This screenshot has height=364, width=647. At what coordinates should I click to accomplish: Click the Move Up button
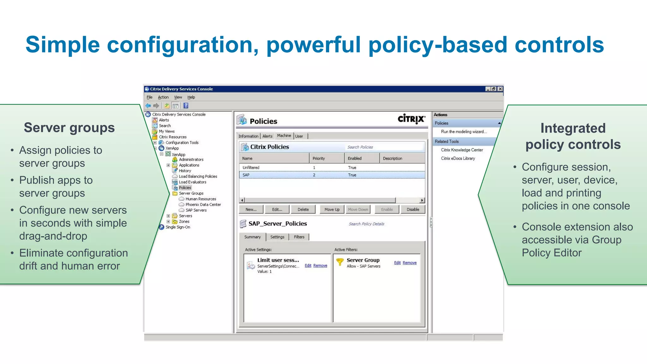click(x=332, y=209)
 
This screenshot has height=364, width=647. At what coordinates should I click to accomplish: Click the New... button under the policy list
click(x=251, y=209)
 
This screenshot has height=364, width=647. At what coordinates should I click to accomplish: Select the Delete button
click(x=303, y=209)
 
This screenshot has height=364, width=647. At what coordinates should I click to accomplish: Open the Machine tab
click(x=284, y=136)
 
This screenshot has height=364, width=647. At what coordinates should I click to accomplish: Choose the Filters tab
click(x=299, y=237)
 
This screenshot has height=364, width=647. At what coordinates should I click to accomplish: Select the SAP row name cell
click(x=246, y=175)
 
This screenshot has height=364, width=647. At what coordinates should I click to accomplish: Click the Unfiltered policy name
click(x=251, y=167)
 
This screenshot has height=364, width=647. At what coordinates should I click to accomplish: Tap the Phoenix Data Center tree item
click(x=203, y=204)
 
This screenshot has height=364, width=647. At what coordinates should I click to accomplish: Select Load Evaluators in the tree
click(x=192, y=182)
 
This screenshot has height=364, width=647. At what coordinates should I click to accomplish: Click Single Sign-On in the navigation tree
click(x=178, y=227)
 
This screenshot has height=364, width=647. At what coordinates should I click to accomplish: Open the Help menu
click(x=191, y=97)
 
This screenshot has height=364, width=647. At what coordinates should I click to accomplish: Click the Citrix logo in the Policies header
click(x=411, y=119)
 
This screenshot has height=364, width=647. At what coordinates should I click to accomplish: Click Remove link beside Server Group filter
click(x=409, y=263)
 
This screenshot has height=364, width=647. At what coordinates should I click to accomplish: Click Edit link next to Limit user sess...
click(x=308, y=266)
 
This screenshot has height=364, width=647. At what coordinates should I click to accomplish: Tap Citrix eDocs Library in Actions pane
click(x=458, y=158)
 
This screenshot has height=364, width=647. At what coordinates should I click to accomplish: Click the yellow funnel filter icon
click(x=340, y=262)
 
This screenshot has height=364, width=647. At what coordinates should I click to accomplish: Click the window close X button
click(x=500, y=89)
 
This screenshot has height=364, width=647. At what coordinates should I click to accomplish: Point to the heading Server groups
click(x=69, y=128)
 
